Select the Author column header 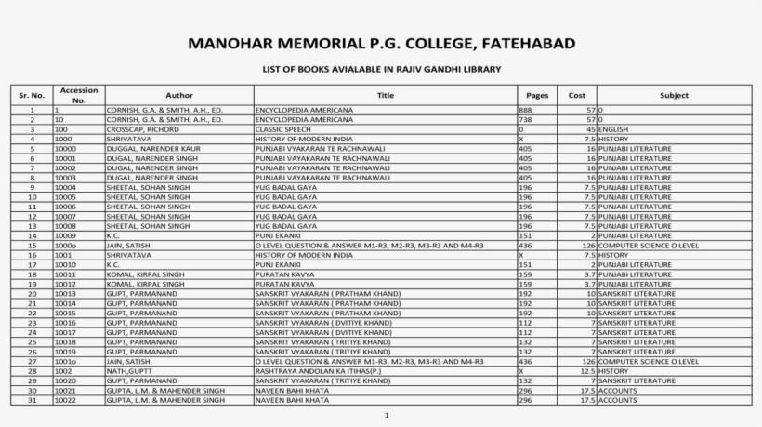(x=179, y=95)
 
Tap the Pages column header (x=536, y=95)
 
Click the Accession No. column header (x=79, y=95)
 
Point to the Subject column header (x=674, y=95)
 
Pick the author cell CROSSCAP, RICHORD (x=137, y=128)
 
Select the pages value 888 (x=525, y=110)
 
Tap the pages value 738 (x=525, y=119)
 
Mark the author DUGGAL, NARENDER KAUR (x=149, y=148)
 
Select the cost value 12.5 (x=585, y=370)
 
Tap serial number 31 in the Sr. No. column (x=32, y=400)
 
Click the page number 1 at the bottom (x=385, y=415)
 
